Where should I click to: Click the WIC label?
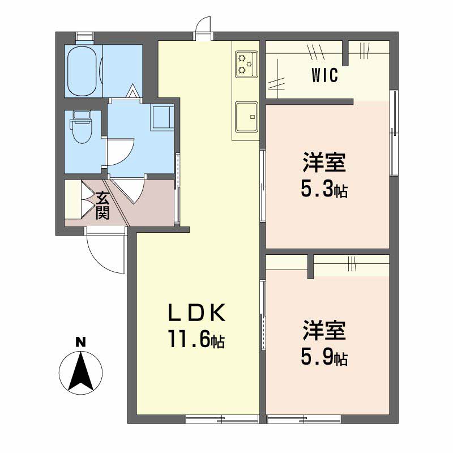coord(324,75)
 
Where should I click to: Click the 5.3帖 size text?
coord(323,190)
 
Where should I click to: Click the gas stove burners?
coord(245,63)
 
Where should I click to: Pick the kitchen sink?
coord(245,117)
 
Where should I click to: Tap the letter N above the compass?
coord(81,342)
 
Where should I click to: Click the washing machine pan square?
coord(161,117)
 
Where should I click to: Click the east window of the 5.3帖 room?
coord(394,131)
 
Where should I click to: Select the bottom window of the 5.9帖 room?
coord(304,420)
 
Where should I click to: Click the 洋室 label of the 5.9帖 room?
coord(323,331)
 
